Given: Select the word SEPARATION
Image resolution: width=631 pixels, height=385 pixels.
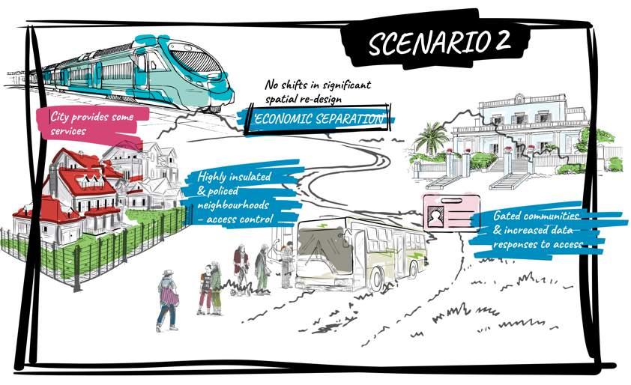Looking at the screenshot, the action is (352, 120).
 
